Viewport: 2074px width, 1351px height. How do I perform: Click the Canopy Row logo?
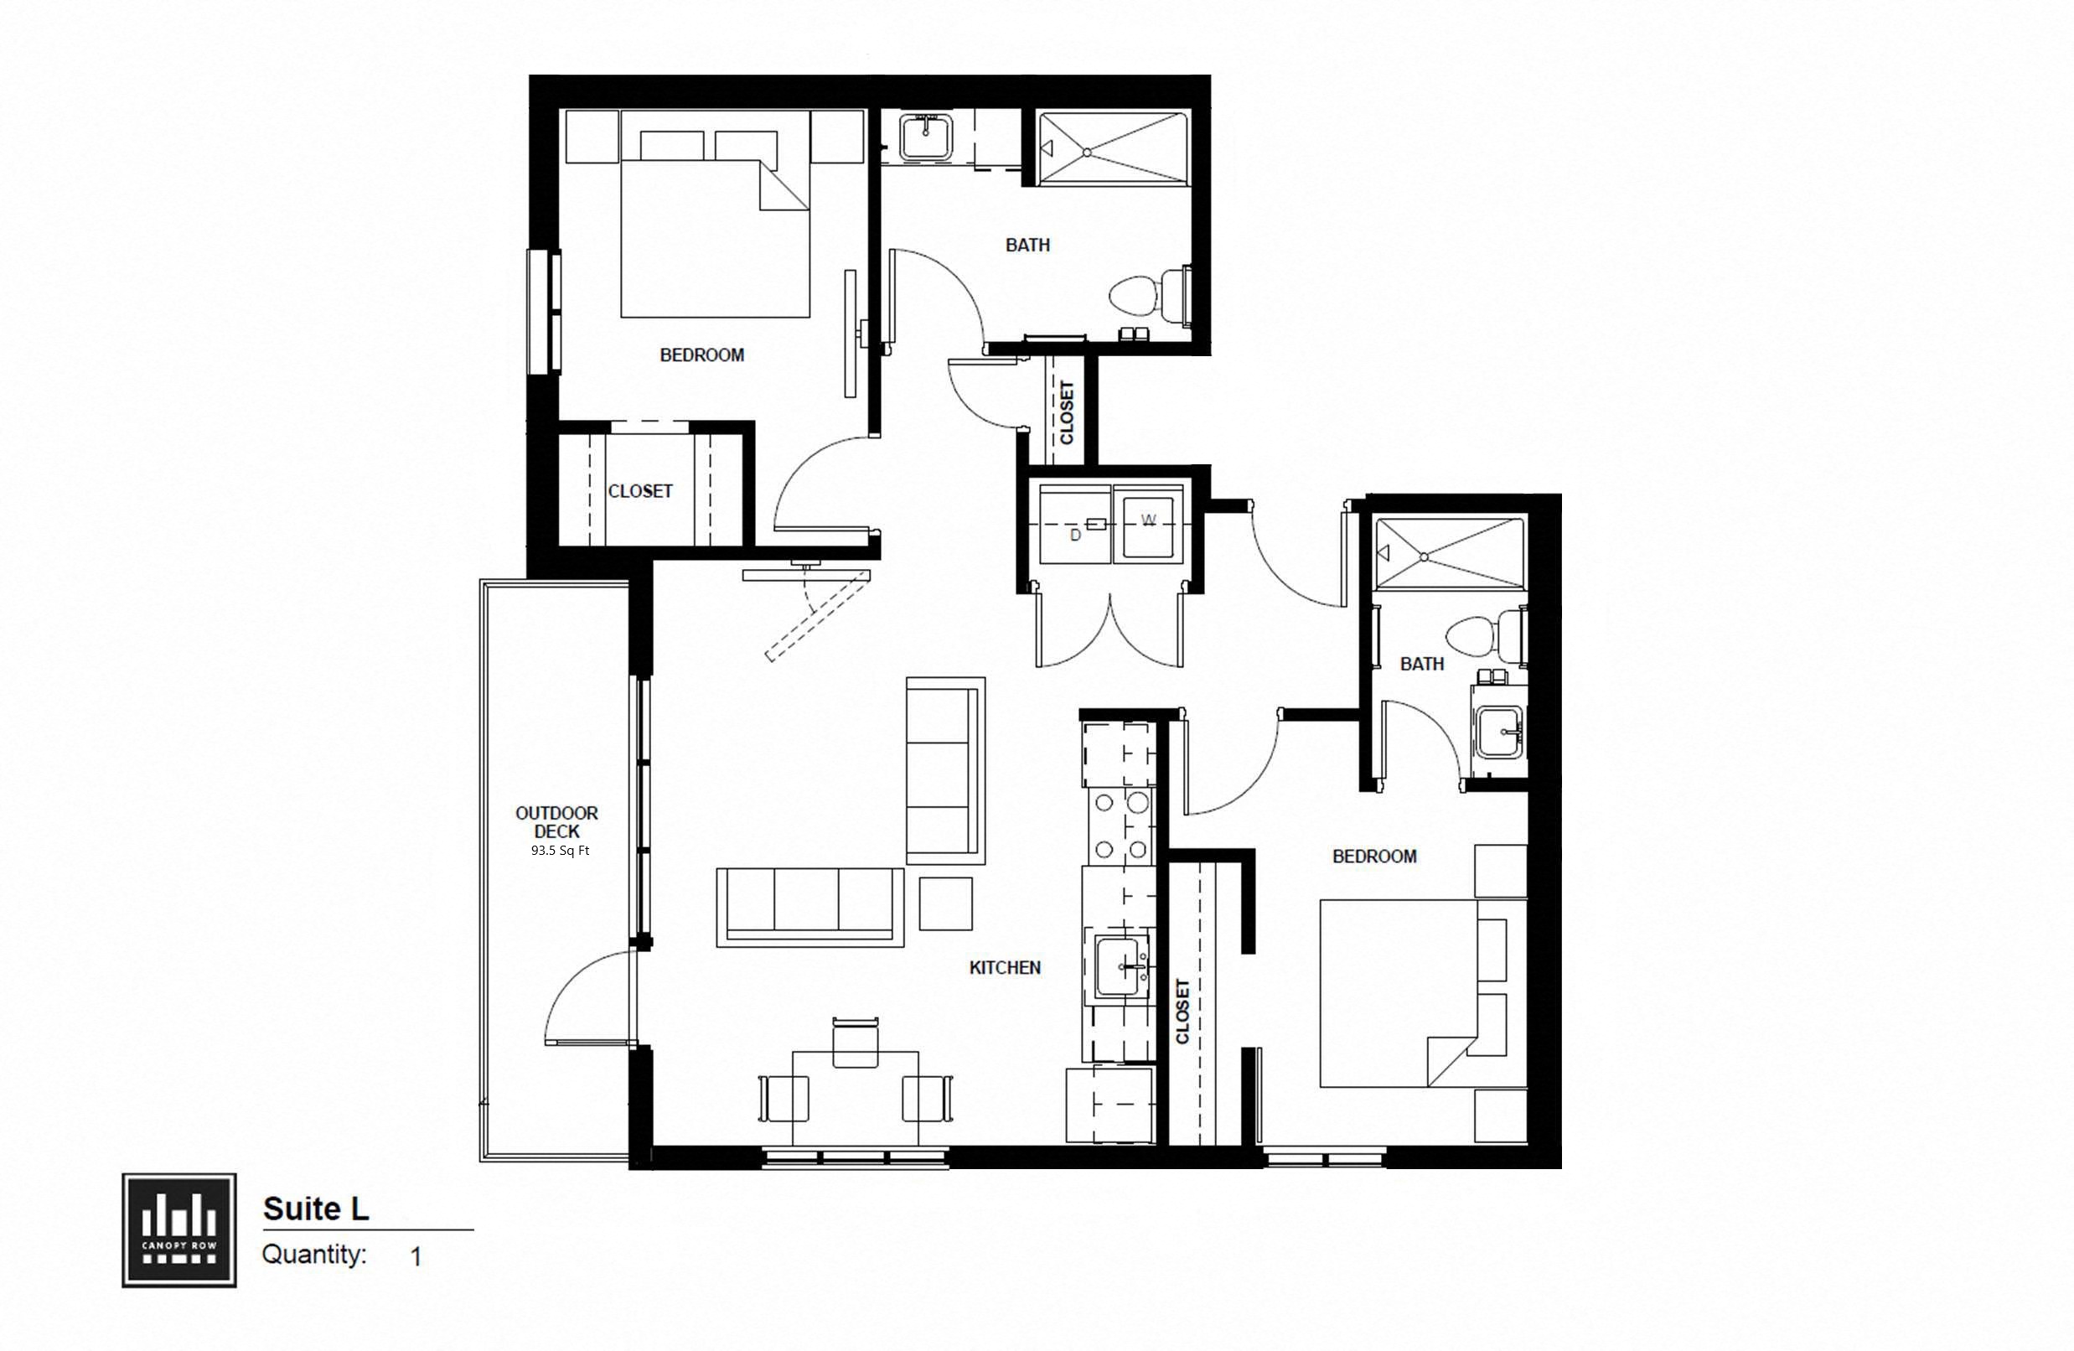click(178, 1229)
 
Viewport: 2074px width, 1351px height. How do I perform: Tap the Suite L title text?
click(315, 1209)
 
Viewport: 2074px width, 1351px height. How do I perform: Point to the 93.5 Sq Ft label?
click(560, 851)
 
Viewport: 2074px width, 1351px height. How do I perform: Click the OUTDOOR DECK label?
click(556, 822)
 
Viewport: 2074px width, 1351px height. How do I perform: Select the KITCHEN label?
click(1005, 967)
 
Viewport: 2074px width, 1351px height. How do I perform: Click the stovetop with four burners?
click(1120, 824)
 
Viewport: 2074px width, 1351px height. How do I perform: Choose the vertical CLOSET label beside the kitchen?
click(1182, 1011)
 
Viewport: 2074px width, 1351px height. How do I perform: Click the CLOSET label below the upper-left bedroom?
click(639, 492)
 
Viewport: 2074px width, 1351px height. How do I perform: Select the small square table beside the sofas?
click(945, 903)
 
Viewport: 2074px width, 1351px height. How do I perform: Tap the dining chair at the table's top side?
click(855, 1043)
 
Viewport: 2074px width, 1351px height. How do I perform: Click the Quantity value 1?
click(416, 1256)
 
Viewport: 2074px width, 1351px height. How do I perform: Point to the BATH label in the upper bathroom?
click(1027, 245)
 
